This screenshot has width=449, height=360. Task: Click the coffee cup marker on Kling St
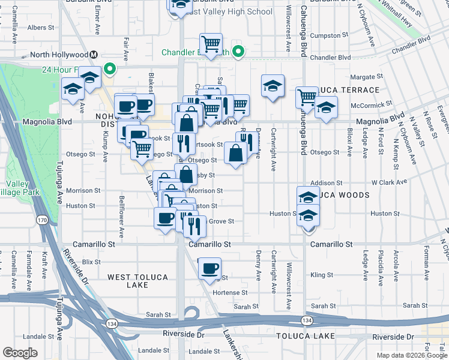(x=209, y=269)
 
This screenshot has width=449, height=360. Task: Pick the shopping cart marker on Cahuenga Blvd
(x=307, y=96)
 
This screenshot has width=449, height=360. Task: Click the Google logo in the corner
(x=20, y=353)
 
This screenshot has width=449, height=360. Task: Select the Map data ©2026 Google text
(x=411, y=355)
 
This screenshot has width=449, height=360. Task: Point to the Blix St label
(x=91, y=262)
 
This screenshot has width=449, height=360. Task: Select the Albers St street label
(x=41, y=28)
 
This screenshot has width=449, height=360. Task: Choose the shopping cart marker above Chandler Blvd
(x=211, y=44)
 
